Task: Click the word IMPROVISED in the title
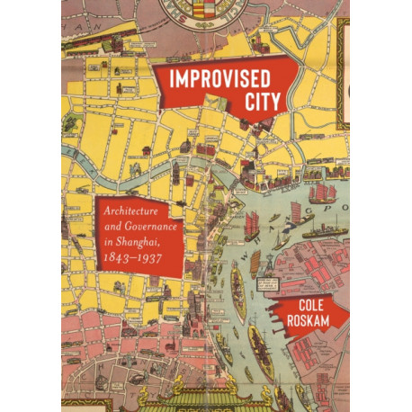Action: (213, 77)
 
